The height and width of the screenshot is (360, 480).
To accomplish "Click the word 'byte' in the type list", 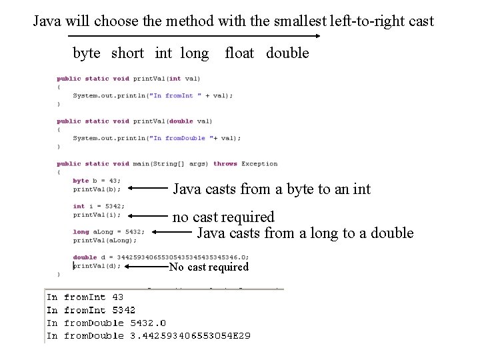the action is [86, 53].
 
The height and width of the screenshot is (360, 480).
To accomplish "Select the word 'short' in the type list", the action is [127, 53].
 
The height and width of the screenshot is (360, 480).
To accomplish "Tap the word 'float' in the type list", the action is [239, 53].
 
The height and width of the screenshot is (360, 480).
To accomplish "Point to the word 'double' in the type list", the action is [287, 53].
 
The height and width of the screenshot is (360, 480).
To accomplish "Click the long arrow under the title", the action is [193, 36].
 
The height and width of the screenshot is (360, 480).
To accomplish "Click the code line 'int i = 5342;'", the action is [98, 206].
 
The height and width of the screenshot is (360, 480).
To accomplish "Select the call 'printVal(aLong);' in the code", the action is [105, 240].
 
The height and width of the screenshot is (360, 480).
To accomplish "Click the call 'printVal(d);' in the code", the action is [97, 265].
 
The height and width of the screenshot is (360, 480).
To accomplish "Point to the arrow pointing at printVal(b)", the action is [147, 189].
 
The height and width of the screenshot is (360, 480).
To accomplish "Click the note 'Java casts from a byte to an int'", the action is [271, 189].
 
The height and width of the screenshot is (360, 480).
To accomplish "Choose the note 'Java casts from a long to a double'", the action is [305, 233].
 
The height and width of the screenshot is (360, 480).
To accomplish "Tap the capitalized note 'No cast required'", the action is [209, 267].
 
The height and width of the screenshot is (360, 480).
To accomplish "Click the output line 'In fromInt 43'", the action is [85, 297].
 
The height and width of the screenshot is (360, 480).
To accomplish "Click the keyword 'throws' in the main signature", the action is [225, 164].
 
